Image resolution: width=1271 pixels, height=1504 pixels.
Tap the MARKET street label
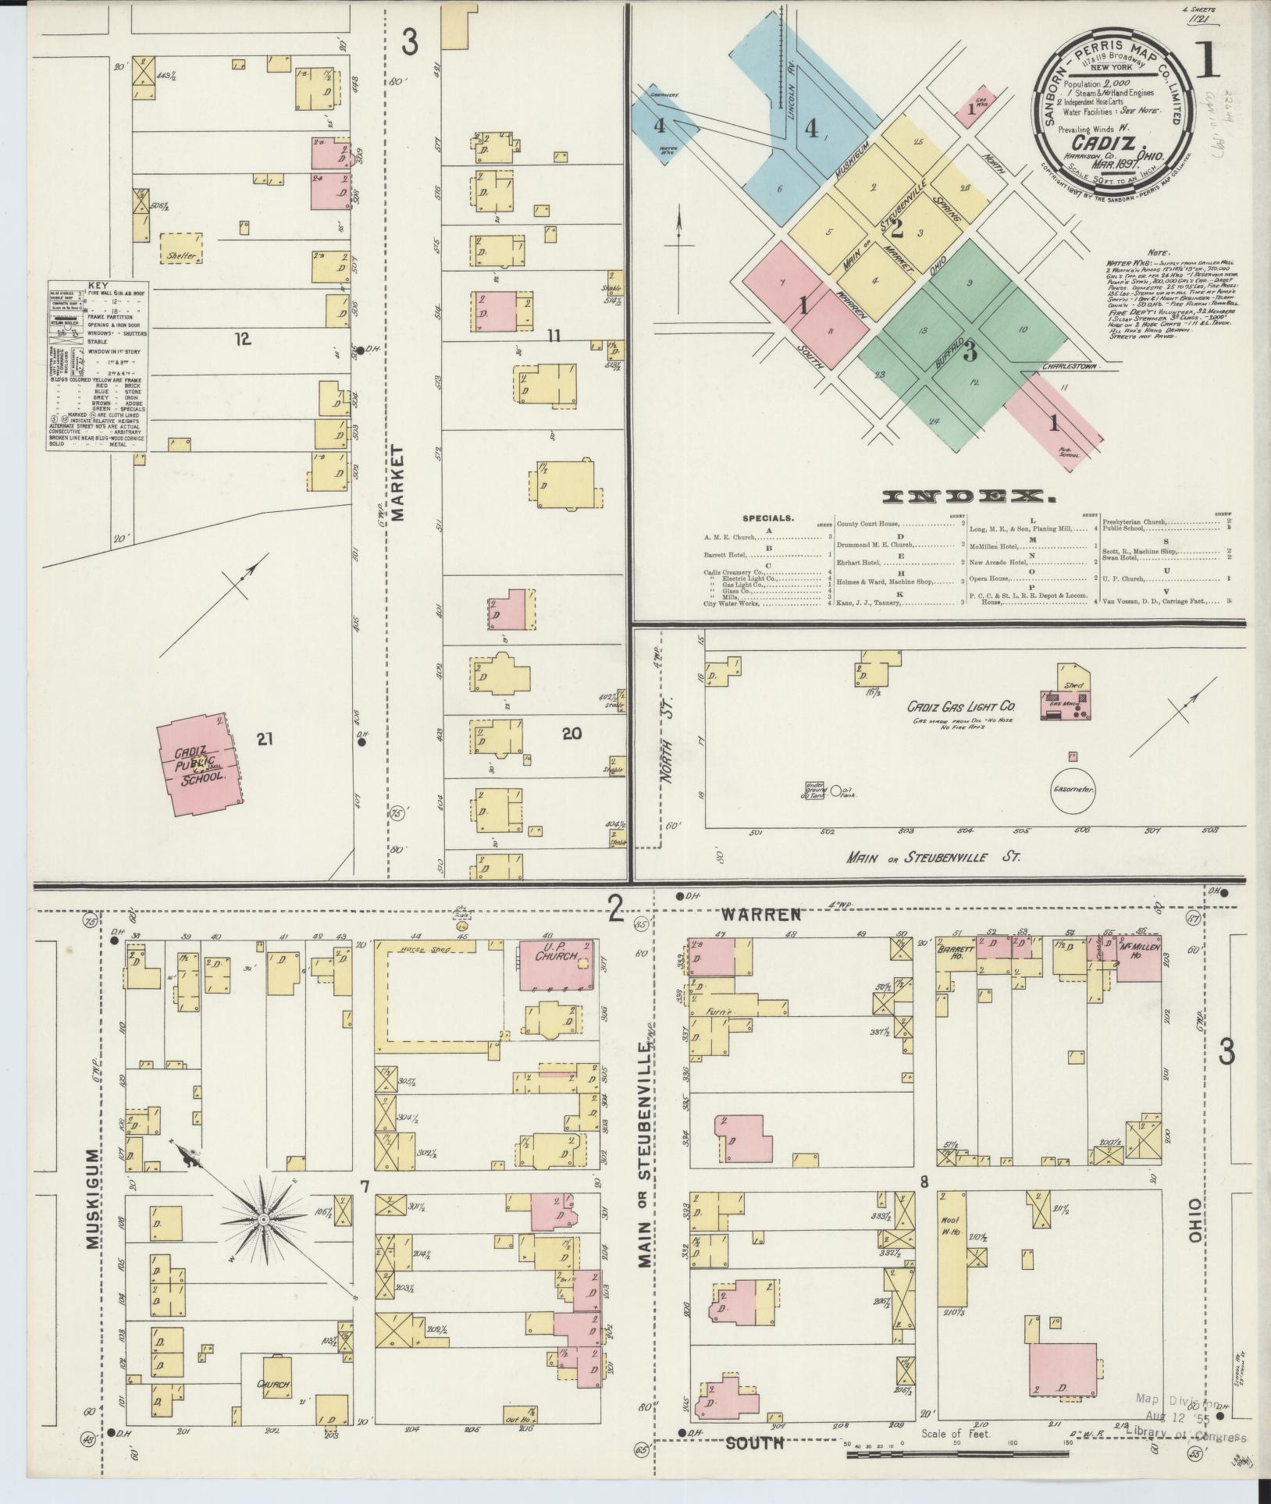pyautogui.click(x=400, y=482)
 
